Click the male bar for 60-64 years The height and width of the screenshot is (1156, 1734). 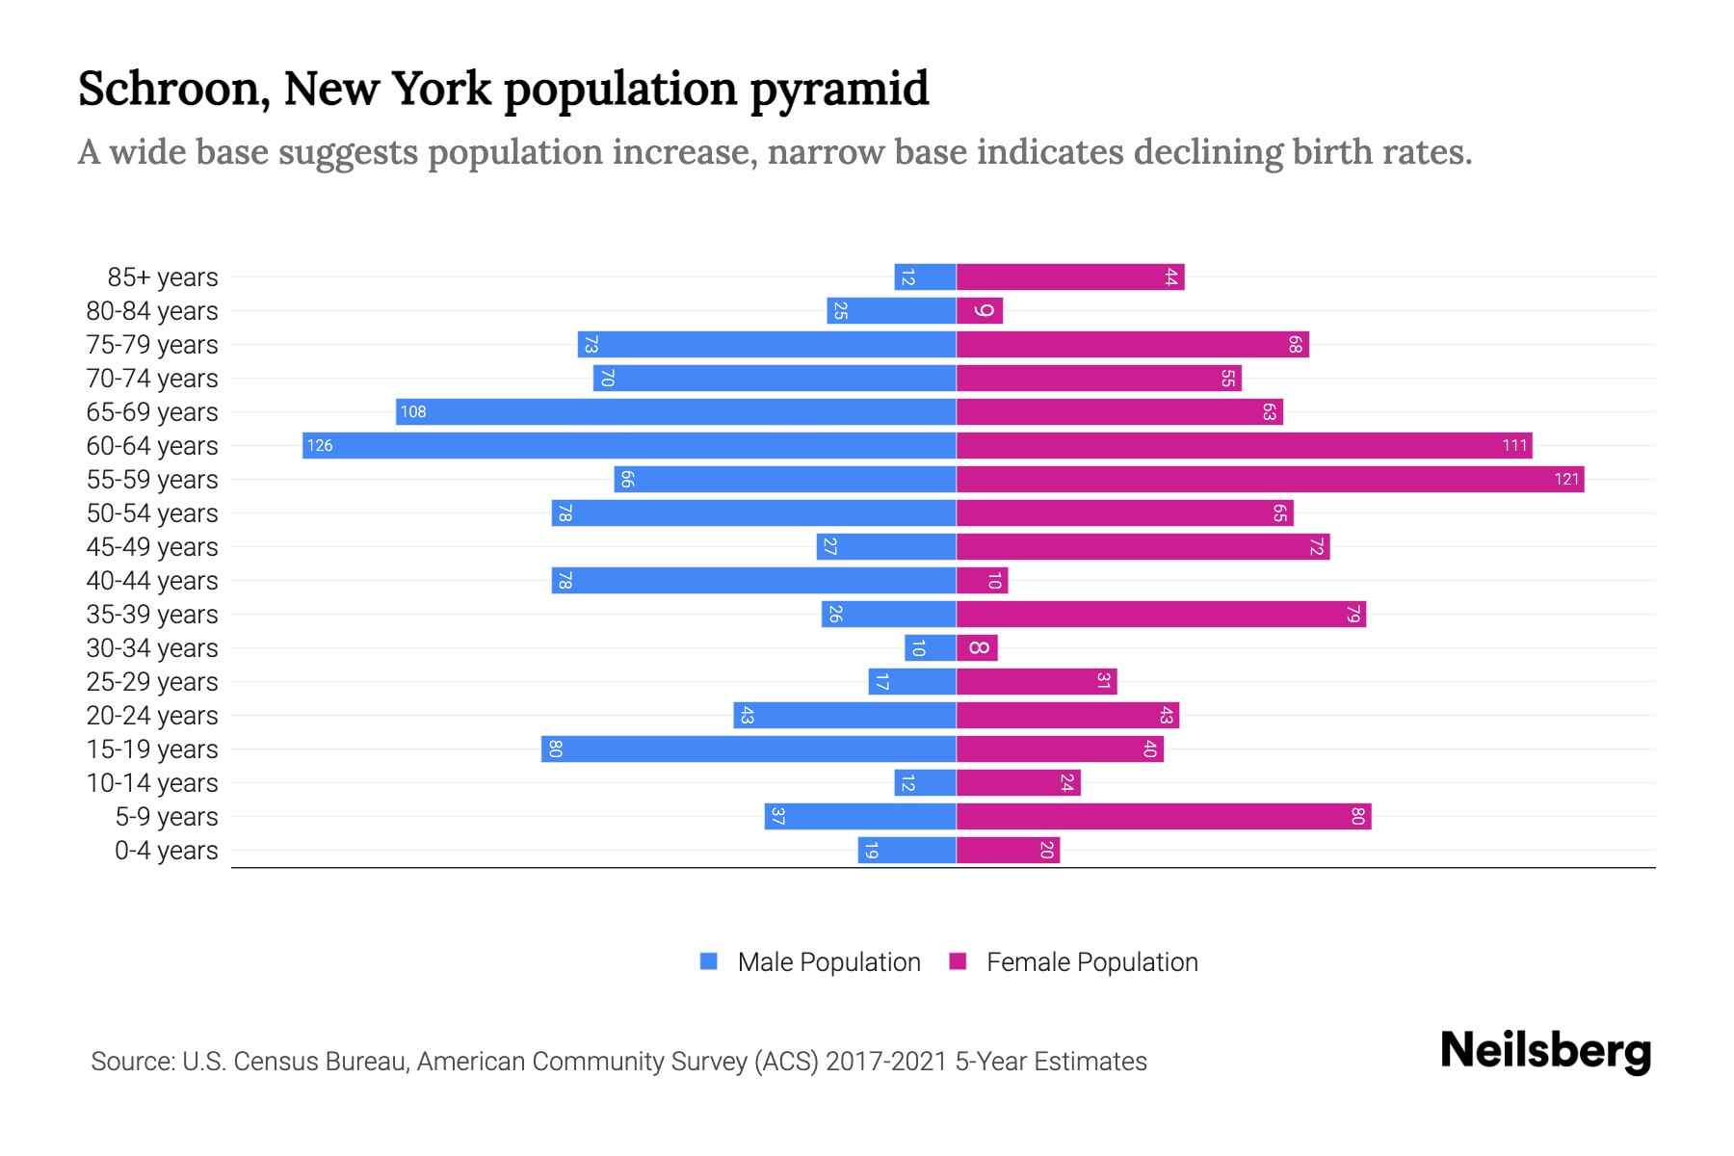pyautogui.click(x=629, y=445)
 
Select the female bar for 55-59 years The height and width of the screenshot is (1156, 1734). pyautogui.click(x=1270, y=479)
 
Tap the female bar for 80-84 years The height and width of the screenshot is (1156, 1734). pyautogui.click(x=980, y=310)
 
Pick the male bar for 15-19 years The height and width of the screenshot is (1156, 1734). pyautogui.click(x=749, y=749)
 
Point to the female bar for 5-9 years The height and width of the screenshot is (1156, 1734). pyautogui.click(x=1164, y=816)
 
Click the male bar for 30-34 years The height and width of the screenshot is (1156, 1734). pyautogui.click(x=931, y=647)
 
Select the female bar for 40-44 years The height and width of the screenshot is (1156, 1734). pyautogui.click(x=982, y=580)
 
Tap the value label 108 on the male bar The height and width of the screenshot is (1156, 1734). pyautogui.click(x=413, y=412)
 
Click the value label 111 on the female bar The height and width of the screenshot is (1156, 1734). pyautogui.click(x=1514, y=446)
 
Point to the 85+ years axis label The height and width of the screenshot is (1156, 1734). pyautogui.click(x=163, y=277)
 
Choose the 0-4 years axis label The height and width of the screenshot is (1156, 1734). pyautogui.click(x=166, y=851)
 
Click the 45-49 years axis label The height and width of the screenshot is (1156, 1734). pyautogui.click(x=152, y=547)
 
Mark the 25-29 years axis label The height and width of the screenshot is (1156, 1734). pyautogui.click(x=152, y=682)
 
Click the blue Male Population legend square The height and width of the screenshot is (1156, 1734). pyautogui.click(x=709, y=961)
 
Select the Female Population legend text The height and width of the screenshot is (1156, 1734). pyautogui.click(x=1091, y=962)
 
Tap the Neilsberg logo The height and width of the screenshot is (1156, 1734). pyautogui.click(x=1545, y=1051)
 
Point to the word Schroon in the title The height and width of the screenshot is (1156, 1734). pyautogui.click(x=174, y=89)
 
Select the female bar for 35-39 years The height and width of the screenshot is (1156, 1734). pyautogui.click(x=1161, y=614)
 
